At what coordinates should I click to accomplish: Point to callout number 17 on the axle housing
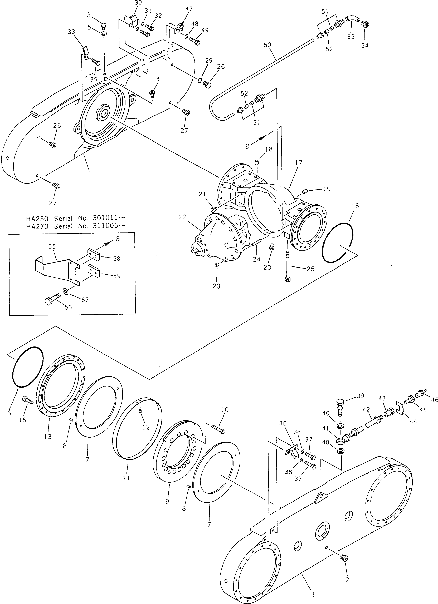tap(299, 162)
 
